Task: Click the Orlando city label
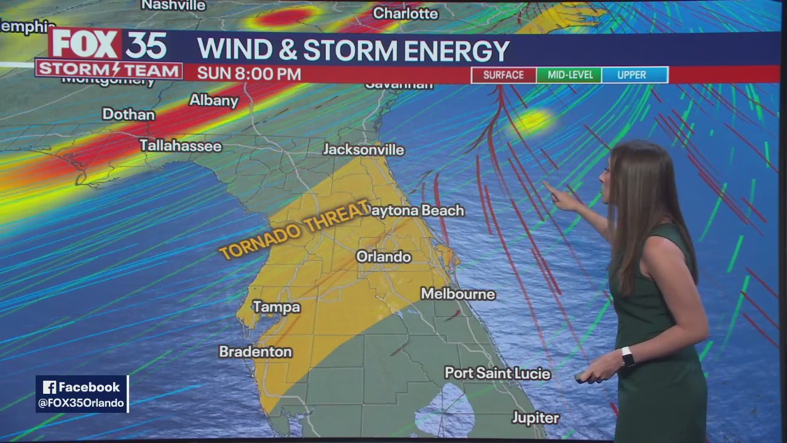pos(384,257)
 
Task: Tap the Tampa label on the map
pos(277,307)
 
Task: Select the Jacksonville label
pos(364,150)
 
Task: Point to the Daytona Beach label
pos(416,210)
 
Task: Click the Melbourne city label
pos(458,294)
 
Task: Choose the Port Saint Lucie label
pos(497,373)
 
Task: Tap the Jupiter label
pos(536,418)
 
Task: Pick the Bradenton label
pos(255,351)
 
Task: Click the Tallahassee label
pos(180,146)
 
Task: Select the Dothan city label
pos(129,114)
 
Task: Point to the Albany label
pos(213,100)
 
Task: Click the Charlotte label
pos(405,13)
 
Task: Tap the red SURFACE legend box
pos(504,75)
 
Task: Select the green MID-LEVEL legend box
pos(569,75)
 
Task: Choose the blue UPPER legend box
pos(634,75)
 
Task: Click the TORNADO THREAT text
pos(295,229)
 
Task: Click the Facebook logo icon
pos(50,387)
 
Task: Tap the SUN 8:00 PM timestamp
pos(249,74)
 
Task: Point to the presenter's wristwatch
pos(627,356)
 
